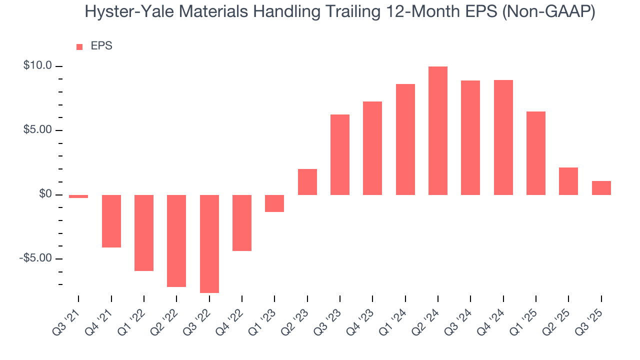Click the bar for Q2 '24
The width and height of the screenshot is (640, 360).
coord(437,130)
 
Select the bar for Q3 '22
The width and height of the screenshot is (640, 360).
coord(209,243)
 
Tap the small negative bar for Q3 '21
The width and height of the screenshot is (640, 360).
coord(78,196)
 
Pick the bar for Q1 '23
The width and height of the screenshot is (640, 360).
coord(274,203)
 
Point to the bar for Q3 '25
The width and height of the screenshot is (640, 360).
coord(601,188)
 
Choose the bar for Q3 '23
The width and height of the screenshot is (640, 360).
coord(340,154)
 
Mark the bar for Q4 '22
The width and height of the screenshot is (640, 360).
coord(242,222)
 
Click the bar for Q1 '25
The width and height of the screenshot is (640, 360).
coord(535,153)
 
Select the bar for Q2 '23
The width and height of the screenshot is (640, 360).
coord(307,182)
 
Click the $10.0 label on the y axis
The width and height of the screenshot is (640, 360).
coord(37,66)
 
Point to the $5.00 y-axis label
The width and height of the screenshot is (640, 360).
coord(37,130)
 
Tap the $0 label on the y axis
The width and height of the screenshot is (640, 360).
coord(45,194)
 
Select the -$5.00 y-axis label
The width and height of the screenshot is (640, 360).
coord(36,258)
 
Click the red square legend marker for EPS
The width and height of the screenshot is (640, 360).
coord(79,47)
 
